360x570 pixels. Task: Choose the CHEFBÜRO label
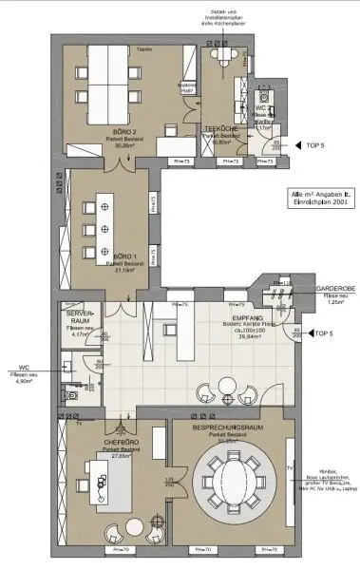(116, 442)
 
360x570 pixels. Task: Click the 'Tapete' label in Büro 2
(144, 48)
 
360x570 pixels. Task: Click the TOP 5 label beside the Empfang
(324, 334)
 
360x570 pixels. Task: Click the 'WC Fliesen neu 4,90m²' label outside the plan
(23, 376)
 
